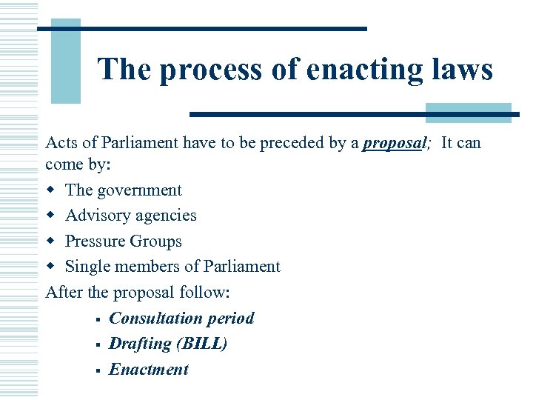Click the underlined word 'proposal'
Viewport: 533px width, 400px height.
[x=395, y=143]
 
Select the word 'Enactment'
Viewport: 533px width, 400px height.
[x=149, y=370]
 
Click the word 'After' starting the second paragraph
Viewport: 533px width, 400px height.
[x=64, y=293]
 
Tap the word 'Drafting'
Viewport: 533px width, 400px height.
[x=140, y=344]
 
